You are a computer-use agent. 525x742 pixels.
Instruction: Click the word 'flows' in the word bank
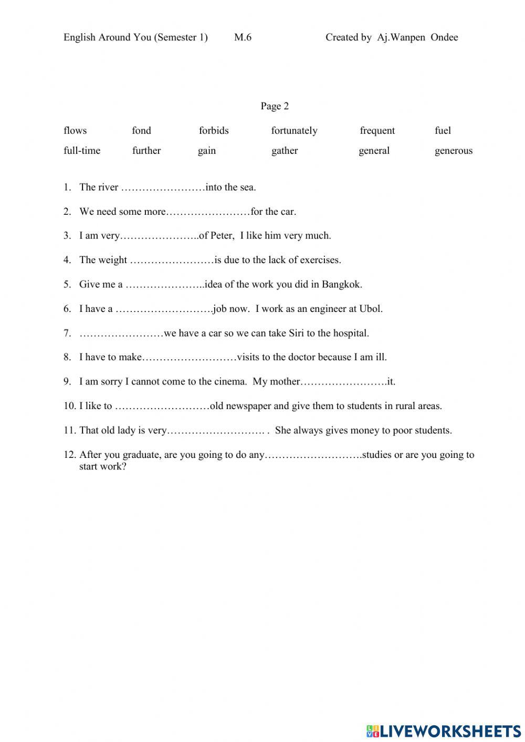(x=75, y=131)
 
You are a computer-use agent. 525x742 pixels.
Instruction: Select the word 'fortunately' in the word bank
(x=294, y=131)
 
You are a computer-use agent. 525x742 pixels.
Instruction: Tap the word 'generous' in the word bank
(x=453, y=151)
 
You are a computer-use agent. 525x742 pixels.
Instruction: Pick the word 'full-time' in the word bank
(x=82, y=151)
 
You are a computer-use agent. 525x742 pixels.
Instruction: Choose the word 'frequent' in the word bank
(x=377, y=131)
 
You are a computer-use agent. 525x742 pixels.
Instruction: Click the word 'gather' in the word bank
(x=285, y=151)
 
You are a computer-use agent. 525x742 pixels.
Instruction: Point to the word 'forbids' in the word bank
(x=214, y=131)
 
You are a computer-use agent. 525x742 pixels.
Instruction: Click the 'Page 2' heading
(x=275, y=106)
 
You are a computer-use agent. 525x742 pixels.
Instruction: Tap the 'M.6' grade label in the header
(x=243, y=37)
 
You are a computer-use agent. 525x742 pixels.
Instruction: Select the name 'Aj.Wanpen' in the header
(x=401, y=37)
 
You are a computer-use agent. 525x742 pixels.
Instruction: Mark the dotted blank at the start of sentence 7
(x=121, y=333)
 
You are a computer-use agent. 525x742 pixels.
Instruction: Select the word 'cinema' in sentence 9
(x=229, y=382)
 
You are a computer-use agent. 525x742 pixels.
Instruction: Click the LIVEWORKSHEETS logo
(x=444, y=730)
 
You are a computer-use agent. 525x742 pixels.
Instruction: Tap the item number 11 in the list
(x=70, y=431)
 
